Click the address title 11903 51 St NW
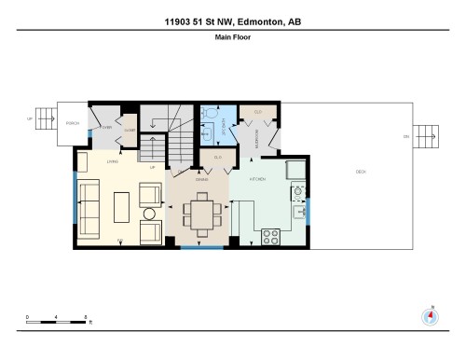click(232, 21)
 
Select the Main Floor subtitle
click(232, 38)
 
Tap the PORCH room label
click(71, 122)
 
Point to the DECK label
click(360, 172)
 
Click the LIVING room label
click(111, 161)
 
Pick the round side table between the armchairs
click(149, 213)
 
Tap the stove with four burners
click(271, 235)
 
